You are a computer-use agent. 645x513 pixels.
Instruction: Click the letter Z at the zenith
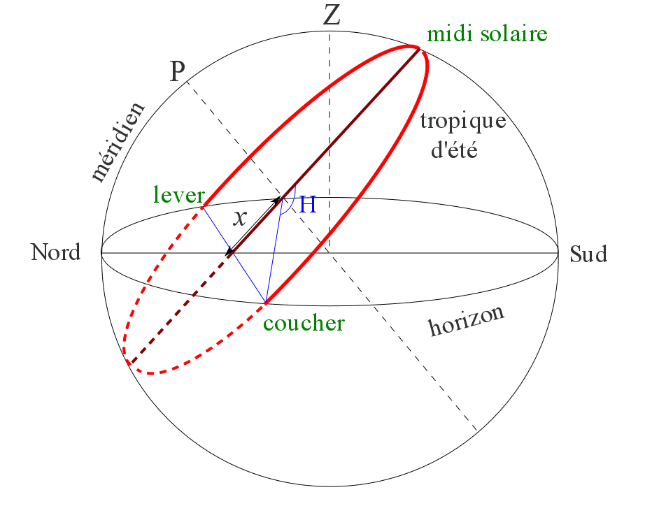(332, 15)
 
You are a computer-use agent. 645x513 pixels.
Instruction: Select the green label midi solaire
(487, 33)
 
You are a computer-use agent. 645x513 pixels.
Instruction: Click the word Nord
(56, 252)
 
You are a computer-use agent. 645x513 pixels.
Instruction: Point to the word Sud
(588, 254)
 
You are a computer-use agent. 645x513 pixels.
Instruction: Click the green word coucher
(304, 324)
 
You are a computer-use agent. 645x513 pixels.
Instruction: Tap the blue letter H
(308, 205)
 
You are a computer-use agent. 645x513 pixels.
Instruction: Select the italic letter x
(240, 218)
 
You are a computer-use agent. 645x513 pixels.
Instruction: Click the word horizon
(466, 321)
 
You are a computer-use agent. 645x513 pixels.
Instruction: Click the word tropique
(462, 121)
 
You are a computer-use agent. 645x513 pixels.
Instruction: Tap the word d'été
(453, 150)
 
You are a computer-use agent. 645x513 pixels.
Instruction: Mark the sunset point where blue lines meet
(266, 303)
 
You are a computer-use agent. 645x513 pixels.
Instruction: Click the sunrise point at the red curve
(203, 207)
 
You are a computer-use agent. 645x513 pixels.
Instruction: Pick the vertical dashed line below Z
(329, 140)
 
